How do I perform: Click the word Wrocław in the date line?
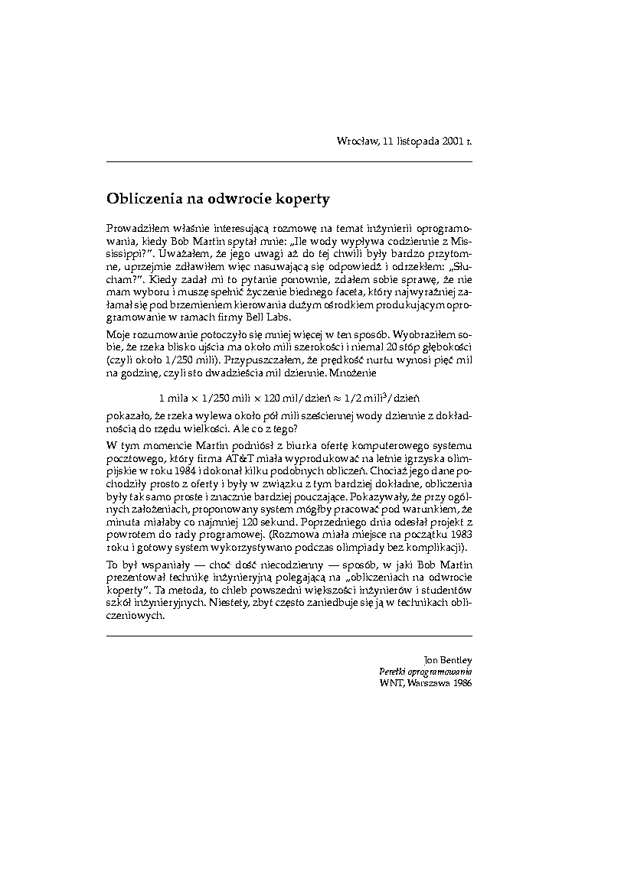pos(355,141)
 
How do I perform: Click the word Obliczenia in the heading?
pos(141,199)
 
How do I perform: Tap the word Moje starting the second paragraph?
pos(119,336)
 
